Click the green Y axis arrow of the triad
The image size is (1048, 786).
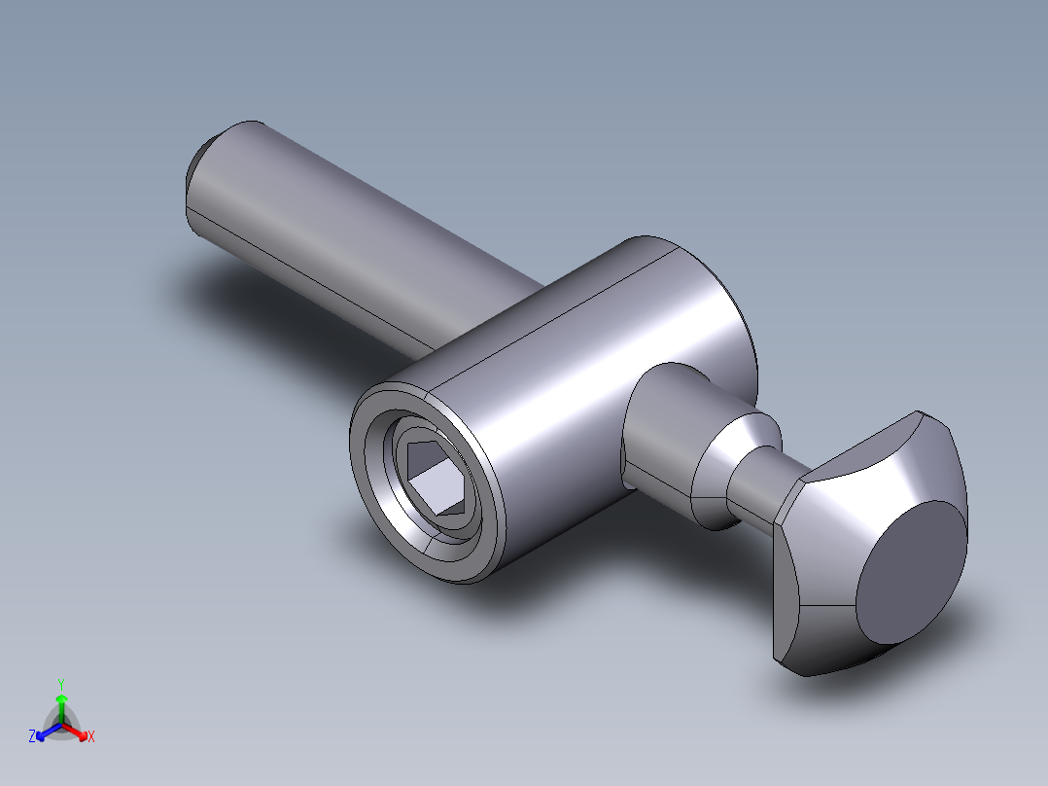(x=61, y=700)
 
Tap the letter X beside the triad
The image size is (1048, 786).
(x=90, y=737)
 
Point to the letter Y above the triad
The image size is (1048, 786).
(x=60, y=684)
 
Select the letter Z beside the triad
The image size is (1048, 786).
(x=32, y=737)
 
